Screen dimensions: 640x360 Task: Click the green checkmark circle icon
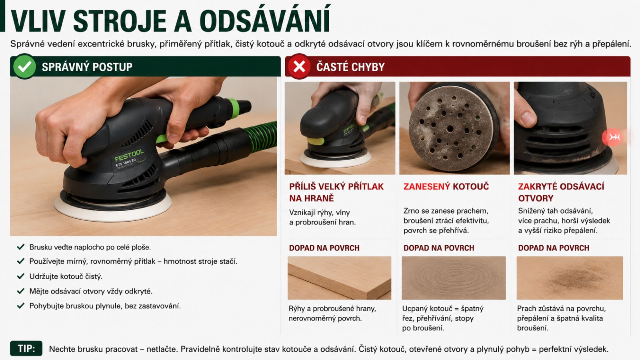pos(24,66)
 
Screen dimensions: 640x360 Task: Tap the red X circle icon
pos(299,66)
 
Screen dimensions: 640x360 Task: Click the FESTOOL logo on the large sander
pos(129,155)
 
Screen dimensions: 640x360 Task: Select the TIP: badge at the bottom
pos(26,348)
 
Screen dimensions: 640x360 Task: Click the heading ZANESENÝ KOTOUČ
pos(446,186)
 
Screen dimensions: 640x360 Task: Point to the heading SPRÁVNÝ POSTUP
pos(87,67)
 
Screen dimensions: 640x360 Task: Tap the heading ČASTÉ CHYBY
pos(350,67)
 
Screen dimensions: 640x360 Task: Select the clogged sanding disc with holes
pos(451,128)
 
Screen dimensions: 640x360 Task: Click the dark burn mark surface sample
pos(570,278)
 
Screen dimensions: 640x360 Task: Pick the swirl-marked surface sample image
pos(454,278)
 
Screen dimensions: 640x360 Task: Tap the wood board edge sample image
pos(340,278)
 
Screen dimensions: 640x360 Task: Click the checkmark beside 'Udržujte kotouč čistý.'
pos(20,276)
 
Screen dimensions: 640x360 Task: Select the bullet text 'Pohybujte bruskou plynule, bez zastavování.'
pos(105,306)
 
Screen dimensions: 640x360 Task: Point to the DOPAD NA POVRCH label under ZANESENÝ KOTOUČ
pos(439,248)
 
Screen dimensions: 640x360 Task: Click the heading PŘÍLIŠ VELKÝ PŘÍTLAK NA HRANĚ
pos(336,192)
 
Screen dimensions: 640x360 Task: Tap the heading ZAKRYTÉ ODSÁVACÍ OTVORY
pos(561,192)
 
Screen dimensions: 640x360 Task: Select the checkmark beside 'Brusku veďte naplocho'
pos(20,247)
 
